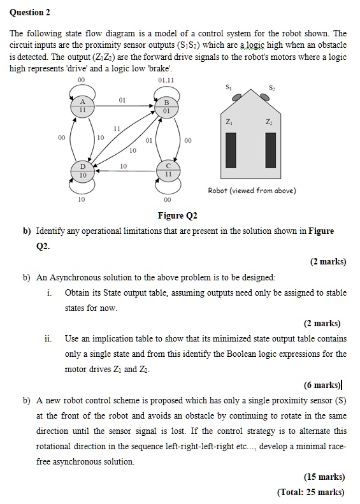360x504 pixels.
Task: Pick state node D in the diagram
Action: coord(83,171)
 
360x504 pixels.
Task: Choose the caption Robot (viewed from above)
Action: coord(252,191)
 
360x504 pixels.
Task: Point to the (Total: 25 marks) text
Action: coord(312,492)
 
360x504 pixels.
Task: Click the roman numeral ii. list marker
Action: coord(48,338)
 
